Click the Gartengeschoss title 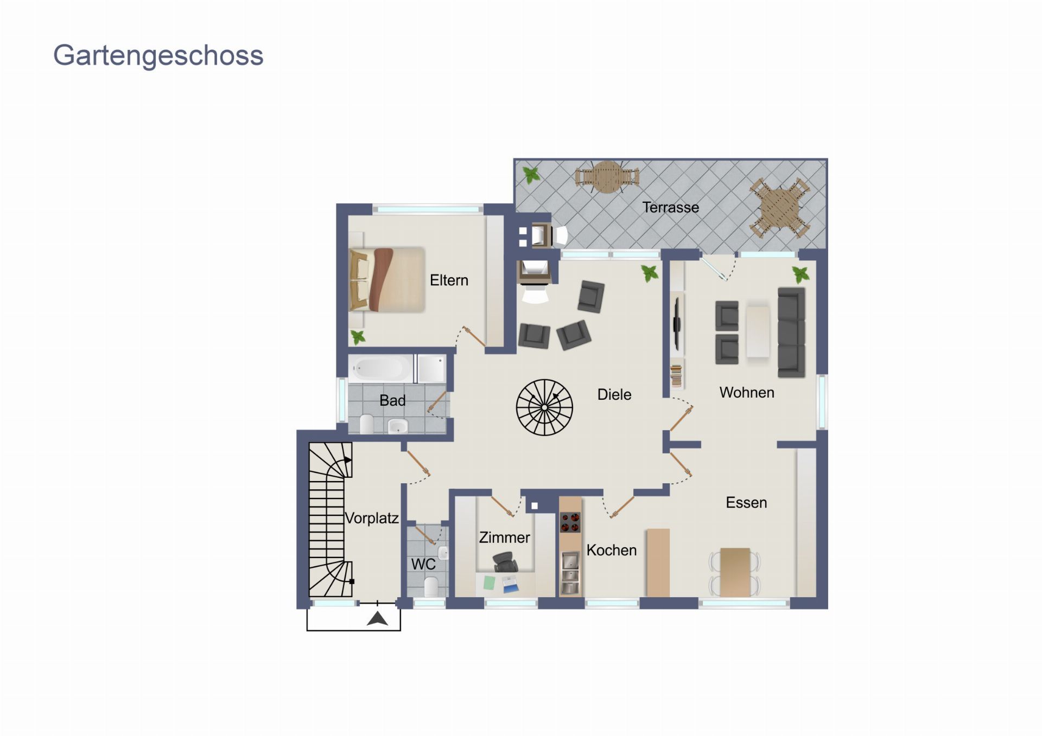158,56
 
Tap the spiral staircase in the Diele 544,407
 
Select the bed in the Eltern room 387,280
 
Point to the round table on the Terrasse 607,177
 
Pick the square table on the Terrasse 779,208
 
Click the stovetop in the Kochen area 570,522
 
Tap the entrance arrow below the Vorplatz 377,618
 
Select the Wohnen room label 747,392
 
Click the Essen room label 746,503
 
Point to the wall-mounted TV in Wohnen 677,324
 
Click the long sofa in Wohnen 791,332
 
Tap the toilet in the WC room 431,587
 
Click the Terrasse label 670,207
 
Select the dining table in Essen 735,572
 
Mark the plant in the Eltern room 358,337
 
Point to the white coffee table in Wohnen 758,332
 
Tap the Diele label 614,394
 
